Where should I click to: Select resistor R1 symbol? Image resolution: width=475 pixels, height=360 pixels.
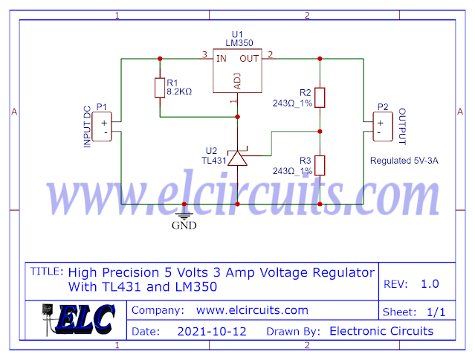[159, 89]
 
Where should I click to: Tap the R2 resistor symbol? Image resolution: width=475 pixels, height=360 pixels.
[320, 97]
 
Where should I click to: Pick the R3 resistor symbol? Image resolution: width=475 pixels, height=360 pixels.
[320, 164]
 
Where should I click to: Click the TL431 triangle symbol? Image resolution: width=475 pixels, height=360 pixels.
[237, 158]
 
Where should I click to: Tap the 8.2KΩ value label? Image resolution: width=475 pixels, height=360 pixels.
[179, 91]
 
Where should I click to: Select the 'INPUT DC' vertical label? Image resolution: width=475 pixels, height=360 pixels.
[87, 127]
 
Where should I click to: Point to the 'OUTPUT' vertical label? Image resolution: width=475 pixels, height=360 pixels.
[402, 126]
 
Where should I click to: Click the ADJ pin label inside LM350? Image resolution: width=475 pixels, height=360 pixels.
[238, 80]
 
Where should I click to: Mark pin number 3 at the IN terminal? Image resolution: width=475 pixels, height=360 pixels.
[204, 54]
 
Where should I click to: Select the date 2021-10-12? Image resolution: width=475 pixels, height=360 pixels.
[212, 331]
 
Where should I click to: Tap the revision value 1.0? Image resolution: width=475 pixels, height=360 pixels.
[430, 283]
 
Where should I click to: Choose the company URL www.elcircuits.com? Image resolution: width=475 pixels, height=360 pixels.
[252, 310]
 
